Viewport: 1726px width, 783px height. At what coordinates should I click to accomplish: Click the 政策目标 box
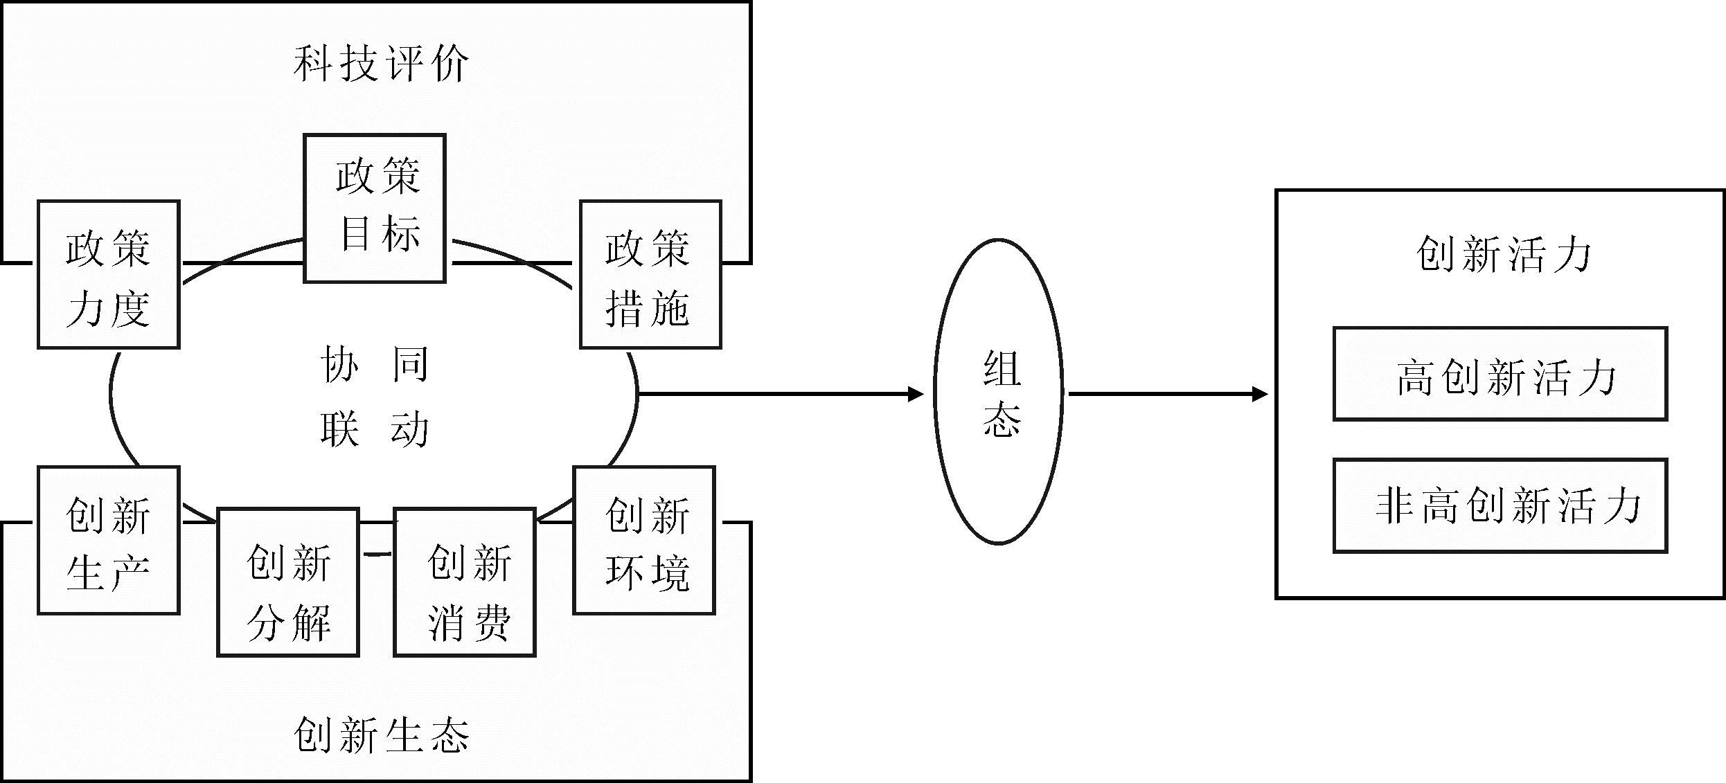pyautogui.click(x=375, y=208)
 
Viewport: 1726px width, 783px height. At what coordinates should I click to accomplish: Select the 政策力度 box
pyautogui.click(x=109, y=275)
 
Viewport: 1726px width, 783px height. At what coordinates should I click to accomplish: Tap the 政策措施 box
pyautogui.click(x=650, y=275)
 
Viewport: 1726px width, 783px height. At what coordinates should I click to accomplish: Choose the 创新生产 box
pyautogui.click(x=109, y=541)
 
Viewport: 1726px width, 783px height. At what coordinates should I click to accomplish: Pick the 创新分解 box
pyautogui.click(x=288, y=582)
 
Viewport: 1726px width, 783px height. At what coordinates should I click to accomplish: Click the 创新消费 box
pyautogui.click(x=465, y=582)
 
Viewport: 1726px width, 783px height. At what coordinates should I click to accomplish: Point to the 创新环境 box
pyautogui.click(x=644, y=541)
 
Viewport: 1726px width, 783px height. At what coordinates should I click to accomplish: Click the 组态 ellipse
pyautogui.click(x=998, y=392)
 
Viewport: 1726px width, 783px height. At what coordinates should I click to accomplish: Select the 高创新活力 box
pyautogui.click(x=1500, y=374)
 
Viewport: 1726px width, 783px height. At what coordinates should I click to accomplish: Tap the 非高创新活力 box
pyautogui.click(x=1500, y=505)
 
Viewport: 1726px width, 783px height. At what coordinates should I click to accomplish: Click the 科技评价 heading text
pyautogui.click(x=381, y=64)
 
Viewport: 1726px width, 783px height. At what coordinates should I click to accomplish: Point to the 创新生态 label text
pyautogui.click(x=381, y=735)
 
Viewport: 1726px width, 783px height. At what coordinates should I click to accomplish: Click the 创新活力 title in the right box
pyautogui.click(x=1503, y=254)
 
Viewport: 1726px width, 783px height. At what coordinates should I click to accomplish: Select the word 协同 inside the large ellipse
pyautogui.click(x=375, y=364)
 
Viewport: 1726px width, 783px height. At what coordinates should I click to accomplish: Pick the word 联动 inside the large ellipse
pyautogui.click(x=375, y=429)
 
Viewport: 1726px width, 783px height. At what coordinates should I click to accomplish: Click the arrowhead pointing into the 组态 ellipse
pyautogui.click(x=916, y=395)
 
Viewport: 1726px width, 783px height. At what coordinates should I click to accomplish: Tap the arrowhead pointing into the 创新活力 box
pyautogui.click(x=1261, y=395)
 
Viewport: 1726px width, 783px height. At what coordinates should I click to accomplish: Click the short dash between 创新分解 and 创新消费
pyautogui.click(x=377, y=554)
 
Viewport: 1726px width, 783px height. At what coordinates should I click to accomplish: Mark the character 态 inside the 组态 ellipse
pyautogui.click(x=1002, y=420)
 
